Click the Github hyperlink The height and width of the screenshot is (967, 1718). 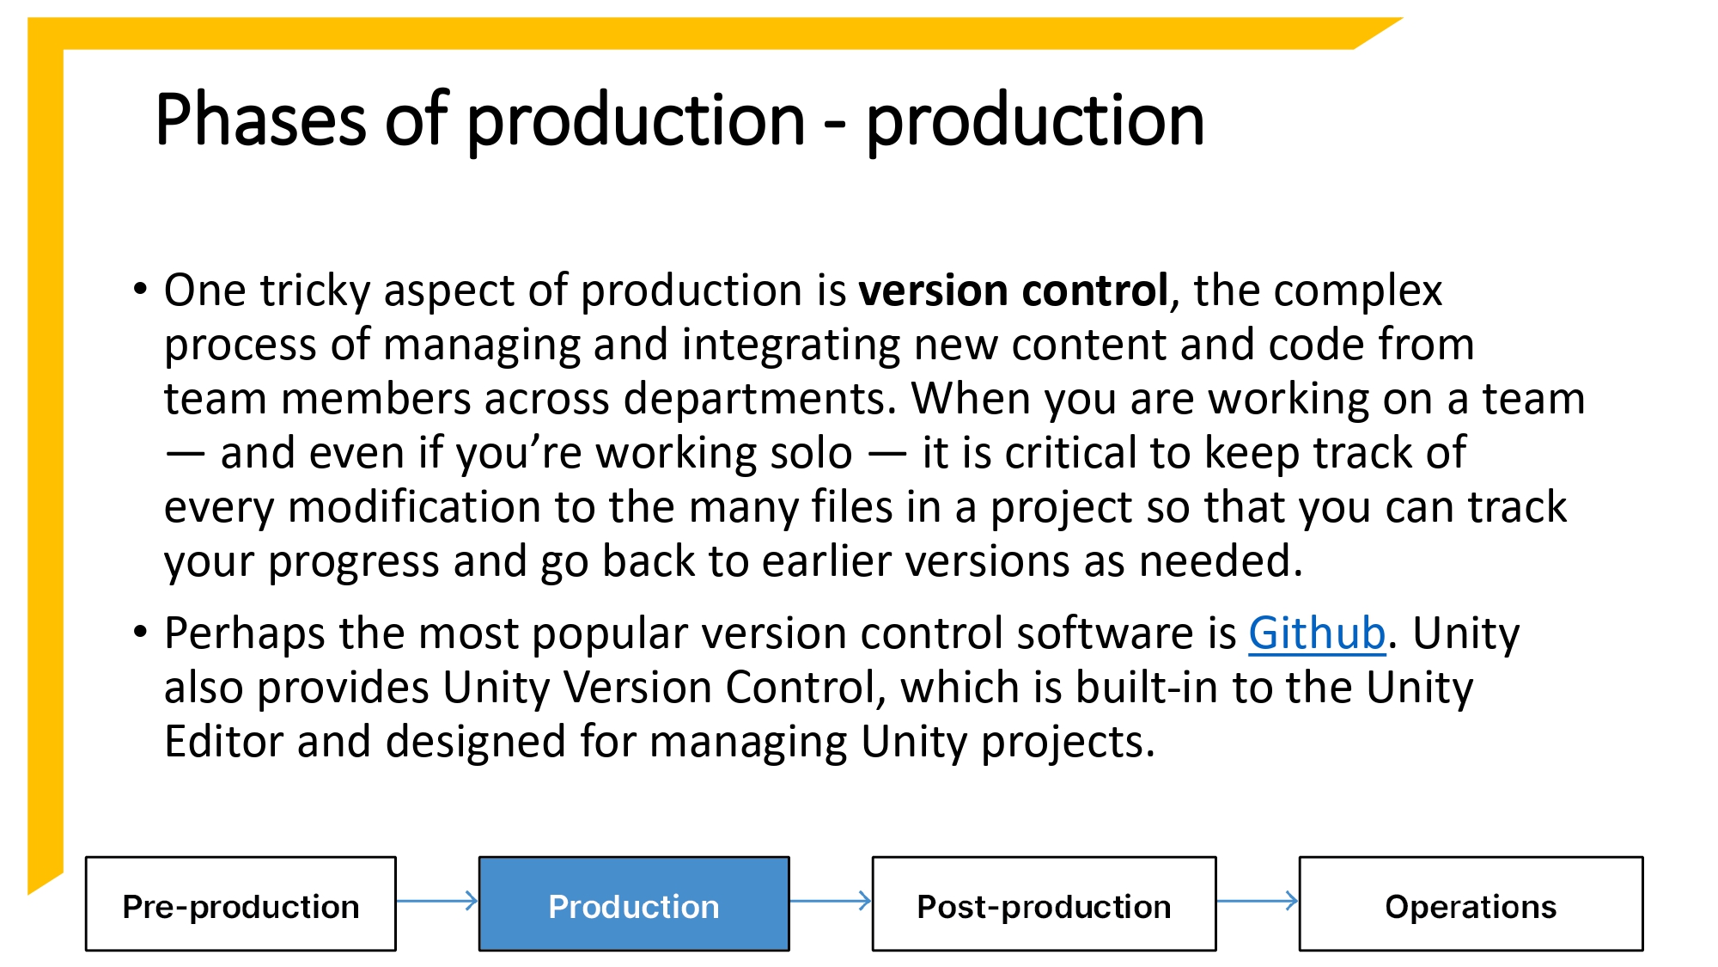1316,634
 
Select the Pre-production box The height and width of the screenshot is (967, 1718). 241,904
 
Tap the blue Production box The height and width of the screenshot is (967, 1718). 634,904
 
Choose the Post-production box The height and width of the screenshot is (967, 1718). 1044,904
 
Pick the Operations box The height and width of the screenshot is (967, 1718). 1471,904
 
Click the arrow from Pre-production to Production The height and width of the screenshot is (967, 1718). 437,901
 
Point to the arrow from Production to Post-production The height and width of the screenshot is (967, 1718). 830,901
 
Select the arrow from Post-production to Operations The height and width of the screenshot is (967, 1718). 1257,901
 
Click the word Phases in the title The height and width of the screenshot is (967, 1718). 260,119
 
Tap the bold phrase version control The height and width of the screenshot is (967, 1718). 1014,291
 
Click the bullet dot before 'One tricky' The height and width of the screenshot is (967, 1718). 140,289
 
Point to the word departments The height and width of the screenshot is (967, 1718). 759,400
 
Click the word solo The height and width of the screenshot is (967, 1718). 809,453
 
